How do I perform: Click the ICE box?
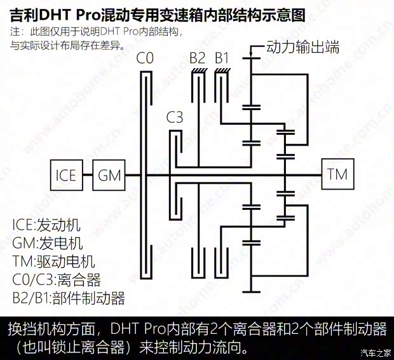(67, 175)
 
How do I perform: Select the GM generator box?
(109, 175)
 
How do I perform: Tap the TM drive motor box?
(337, 174)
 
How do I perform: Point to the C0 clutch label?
(145, 58)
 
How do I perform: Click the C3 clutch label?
(175, 117)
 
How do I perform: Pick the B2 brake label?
(198, 58)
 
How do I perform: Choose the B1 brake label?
(222, 58)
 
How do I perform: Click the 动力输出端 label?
(302, 46)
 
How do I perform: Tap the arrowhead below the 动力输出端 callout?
(250, 55)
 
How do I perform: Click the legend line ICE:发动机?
(46, 225)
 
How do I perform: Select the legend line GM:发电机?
(48, 243)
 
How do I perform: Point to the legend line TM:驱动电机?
(53, 261)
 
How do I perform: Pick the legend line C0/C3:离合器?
(57, 279)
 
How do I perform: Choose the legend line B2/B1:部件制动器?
(69, 298)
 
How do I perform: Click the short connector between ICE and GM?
(88, 175)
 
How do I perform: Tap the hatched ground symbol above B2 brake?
(200, 71)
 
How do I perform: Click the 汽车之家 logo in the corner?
(376, 353)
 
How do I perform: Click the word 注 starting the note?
(15, 32)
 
